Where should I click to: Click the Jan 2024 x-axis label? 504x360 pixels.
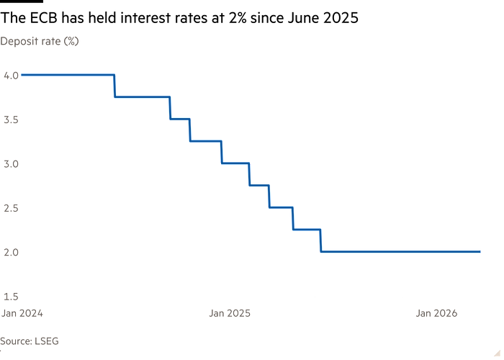pyautogui.click(x=22, y=313)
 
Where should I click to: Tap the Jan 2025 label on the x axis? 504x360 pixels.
pyautogui.click(x=230, y=313)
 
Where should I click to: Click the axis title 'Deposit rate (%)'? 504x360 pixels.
pyautogui.click(x=40, y=42)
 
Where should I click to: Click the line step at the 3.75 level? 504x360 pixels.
pyautogui.click(x=143, y=96)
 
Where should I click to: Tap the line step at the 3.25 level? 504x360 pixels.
pyautogui.click(x=205, y=141)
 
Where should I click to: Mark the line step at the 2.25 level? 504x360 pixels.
pyautogui.click(x=306, y=230)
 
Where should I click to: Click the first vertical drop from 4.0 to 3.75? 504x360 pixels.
pyautogui.click(x=114, y=86)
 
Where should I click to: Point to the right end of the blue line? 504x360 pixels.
pyautogui.click(x=479, y=251)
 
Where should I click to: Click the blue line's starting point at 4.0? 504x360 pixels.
pyautogui.click(x=23, y=75)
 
